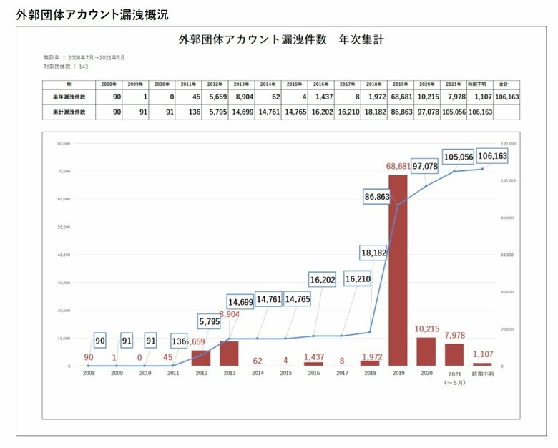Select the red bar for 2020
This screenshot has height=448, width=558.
tap(426, 351)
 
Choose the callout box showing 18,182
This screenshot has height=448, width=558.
tap(374, 253)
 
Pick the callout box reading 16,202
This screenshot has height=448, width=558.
tap(323, 279)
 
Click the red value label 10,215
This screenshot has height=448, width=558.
tap(426, 329)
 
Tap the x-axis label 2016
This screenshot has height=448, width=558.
tap(313, 373)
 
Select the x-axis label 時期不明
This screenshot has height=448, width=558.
tap(483, 373)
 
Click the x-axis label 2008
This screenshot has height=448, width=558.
tap(89, 373)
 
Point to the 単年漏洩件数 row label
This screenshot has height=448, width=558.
tap(69, 96)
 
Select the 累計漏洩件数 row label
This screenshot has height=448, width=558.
tap(69, 112)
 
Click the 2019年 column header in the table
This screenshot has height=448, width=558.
tap(400, 84)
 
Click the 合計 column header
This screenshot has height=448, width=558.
tap(504, 84)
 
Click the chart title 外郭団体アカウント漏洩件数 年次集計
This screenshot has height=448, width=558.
tap(281, 40)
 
